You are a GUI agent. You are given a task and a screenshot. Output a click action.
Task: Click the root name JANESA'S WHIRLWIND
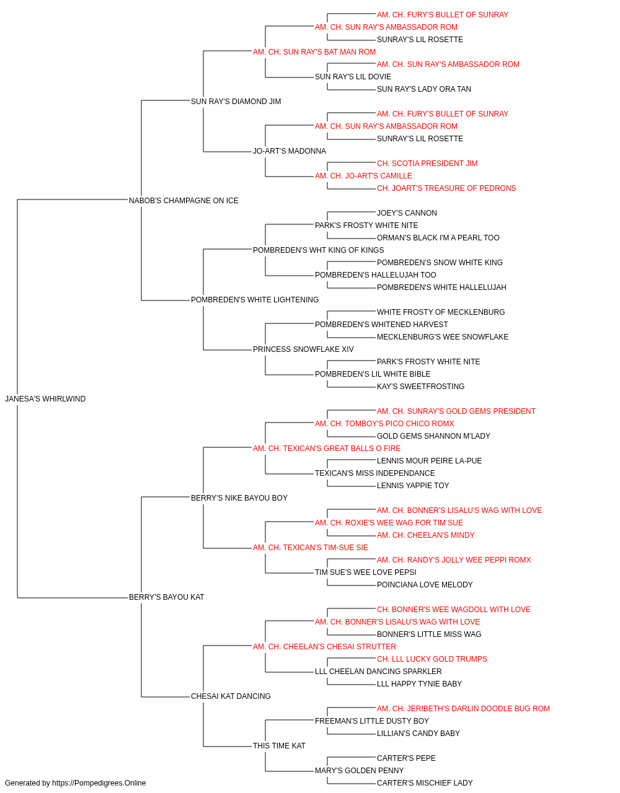pyautogui.click(x=45, y=399)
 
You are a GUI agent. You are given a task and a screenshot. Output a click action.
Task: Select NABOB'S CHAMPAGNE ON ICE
pyautogui.click(x=184, y=201)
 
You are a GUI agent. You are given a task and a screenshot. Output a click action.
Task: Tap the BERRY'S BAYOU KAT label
pyautogui.click(x=167, y=597)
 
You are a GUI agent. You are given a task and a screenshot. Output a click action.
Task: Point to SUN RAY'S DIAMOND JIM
pyautogui.click(x=236, y=102)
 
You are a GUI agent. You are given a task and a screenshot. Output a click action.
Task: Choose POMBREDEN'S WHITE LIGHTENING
pyautogui.click(x=255, y=300)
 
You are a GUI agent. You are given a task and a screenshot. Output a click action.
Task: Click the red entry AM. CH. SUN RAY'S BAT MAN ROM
pyautogui.click(x=314, y=52)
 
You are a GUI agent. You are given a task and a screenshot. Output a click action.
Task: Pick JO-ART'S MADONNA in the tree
pyautogui.click(x=290, y=151)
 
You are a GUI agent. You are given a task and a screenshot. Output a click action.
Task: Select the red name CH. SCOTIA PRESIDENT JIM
pyautogui.click(x=427, y=164)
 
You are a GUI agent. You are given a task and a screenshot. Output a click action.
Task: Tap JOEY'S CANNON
pyautogui.click(x=407, y=213)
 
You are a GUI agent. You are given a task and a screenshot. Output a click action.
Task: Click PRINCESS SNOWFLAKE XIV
pyautogui.click(x=303, y=349)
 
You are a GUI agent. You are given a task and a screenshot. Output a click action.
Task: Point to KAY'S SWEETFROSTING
pyautogui.click(x=420, y=387)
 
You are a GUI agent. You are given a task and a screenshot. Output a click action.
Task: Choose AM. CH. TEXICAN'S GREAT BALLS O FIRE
pyautogui.click(x=327, y=449)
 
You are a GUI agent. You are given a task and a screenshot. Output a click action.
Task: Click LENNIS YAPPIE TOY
pyautogui.click(x=413, y=486)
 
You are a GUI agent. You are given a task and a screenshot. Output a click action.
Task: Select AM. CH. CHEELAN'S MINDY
pyautogui.click(x=426, y=535)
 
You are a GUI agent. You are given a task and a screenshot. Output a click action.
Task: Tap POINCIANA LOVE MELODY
pyautogui.click(x=425, y=585)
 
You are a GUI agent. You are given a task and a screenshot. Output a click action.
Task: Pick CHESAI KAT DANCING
pyautogui.click(x=231, y=696)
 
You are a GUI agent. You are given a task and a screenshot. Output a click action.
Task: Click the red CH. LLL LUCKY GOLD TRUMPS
pyautogui.click(x=432, y=659)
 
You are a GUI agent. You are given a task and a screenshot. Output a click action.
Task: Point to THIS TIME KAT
pyautogui.click(x=280, y=746)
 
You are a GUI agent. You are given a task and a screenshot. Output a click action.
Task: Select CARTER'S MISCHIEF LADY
pyautogui.click(x=425, y=783)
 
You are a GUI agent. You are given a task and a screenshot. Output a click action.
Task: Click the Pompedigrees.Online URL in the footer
pyautogui.click(x=99, y=783)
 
